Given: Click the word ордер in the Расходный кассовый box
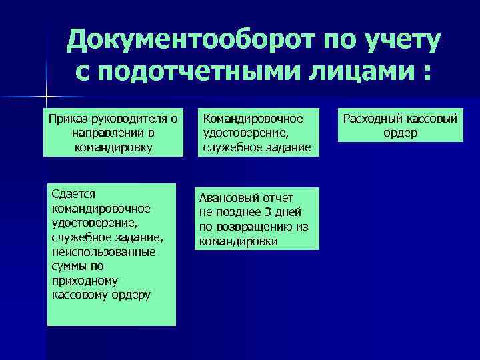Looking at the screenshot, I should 401,133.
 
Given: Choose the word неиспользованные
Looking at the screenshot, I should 103,253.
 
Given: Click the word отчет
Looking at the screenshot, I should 277,198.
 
